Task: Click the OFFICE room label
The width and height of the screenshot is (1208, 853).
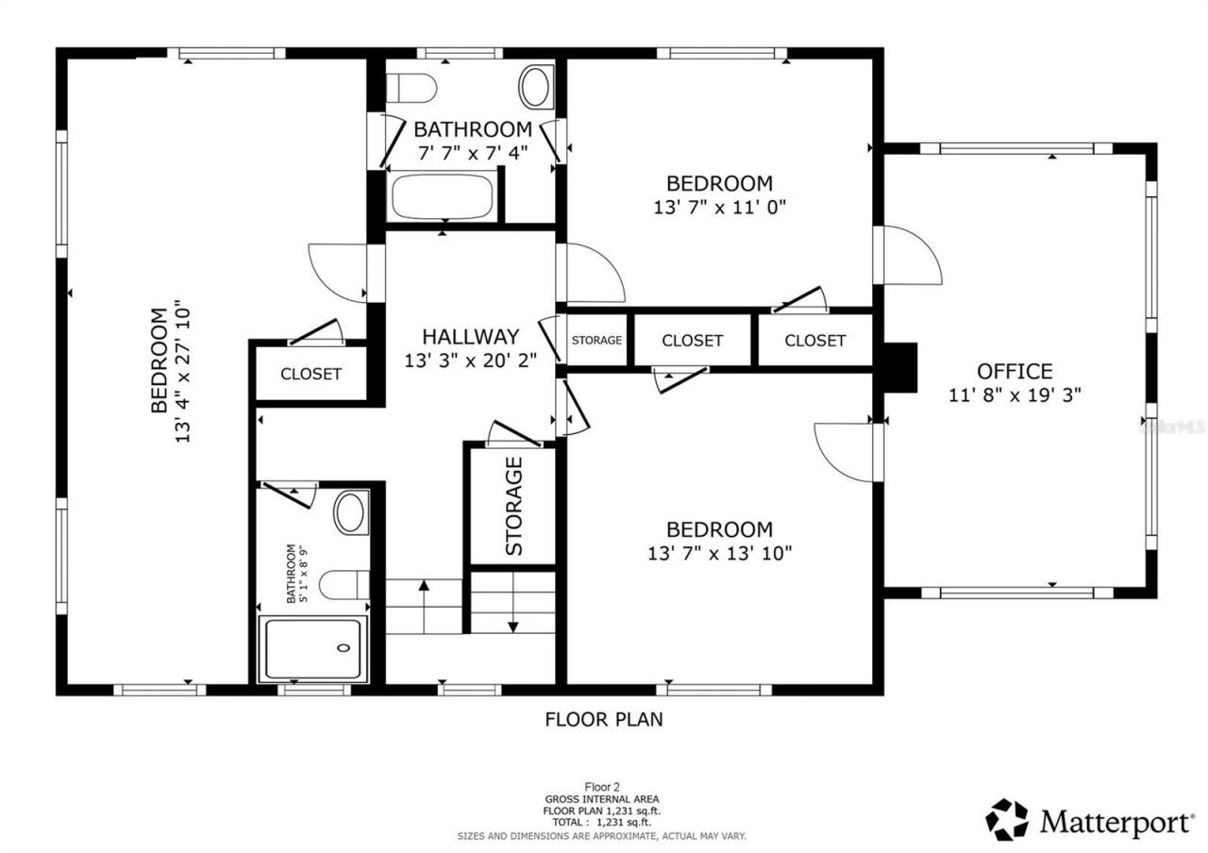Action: pos(1015,372)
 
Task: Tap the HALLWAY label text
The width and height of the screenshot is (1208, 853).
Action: pos(470,337)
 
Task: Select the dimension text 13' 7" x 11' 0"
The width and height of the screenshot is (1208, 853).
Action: pos(719,207)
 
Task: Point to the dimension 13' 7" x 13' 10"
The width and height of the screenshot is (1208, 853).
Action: pos(719,553)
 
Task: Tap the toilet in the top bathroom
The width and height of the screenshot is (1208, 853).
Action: pos(411,88)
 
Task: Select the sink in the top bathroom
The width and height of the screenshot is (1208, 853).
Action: pos(536,87)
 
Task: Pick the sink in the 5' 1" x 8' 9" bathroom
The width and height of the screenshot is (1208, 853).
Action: pos(351,513)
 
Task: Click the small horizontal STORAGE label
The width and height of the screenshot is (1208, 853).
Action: pos(596,341)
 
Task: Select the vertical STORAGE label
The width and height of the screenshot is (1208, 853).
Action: pos(513,506)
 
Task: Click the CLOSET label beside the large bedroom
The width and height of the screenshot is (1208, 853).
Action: pos(310,375)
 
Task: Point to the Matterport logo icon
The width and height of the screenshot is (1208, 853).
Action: pos(1008,820)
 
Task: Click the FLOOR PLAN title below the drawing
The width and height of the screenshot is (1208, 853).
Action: pos(604,720)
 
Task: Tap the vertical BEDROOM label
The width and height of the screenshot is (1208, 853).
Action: pos(159,360)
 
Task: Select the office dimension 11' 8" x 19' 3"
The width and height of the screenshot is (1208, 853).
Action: pos(1015,396)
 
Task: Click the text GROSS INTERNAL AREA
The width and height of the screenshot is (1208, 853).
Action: pos(601,799)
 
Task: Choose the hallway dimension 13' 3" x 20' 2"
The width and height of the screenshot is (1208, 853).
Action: pos(470,360)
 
